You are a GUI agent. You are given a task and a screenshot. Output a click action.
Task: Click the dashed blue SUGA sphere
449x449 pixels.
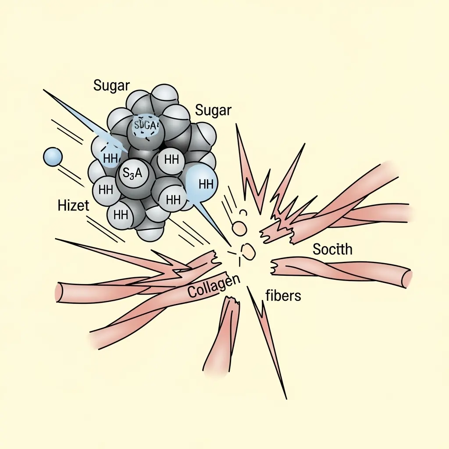point(145,125)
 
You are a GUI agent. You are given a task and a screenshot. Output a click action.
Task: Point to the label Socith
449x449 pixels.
point(332,249)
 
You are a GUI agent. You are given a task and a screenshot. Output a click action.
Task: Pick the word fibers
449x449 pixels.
point(283,296)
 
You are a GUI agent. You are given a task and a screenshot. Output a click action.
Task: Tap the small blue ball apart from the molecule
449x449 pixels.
point(53,157)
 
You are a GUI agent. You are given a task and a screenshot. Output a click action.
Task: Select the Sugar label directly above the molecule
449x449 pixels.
point(112,86)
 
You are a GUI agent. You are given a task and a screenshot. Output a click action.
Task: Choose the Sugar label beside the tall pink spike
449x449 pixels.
point(213,110)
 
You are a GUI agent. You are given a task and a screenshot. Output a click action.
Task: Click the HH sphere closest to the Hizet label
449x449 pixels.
point(106,190)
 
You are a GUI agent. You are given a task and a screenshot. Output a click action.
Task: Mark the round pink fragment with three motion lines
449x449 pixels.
point(239,228)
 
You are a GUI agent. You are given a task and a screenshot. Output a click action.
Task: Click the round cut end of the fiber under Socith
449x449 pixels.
point(407,276)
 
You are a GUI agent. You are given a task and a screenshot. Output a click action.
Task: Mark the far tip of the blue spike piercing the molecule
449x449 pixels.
point(44,91)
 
